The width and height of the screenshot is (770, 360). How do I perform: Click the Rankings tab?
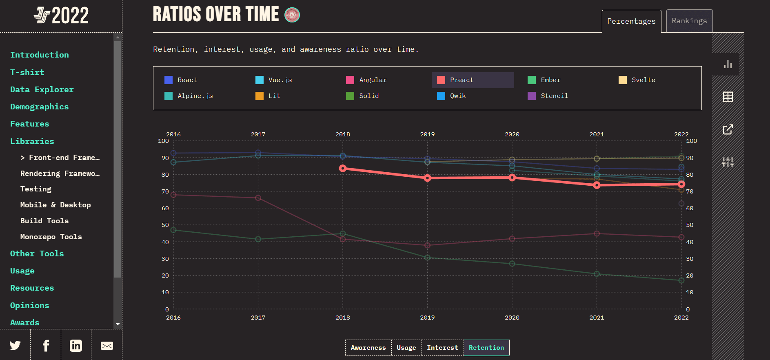(x=689, y=21)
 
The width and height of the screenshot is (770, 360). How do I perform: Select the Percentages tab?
(x=631, y=21)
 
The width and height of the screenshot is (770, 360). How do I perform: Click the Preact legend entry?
(x=461, y=80)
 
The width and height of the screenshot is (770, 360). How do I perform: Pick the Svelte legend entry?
(x=643, y=80)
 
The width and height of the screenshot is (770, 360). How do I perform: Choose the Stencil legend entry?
(x=554, y=96)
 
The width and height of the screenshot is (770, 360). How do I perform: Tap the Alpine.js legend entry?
(x=195, y=96)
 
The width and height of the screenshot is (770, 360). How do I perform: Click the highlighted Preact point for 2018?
(x=343, y=168)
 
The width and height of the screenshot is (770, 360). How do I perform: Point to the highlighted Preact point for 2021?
(x=597, y=185)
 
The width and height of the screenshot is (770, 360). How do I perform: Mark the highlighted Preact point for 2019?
(x=427, y=178)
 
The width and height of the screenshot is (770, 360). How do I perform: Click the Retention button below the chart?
(x=486, y=348)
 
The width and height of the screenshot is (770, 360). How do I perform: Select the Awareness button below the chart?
(x=368, y=348)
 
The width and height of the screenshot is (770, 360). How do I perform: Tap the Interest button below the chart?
(x=442, y=348)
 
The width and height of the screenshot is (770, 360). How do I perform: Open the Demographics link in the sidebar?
(x=39, y=107)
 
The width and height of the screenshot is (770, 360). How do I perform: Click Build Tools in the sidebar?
(x=44, y=221)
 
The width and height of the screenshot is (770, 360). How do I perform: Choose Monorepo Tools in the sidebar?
(x=51, y=237)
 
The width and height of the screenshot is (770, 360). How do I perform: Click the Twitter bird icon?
(x=15, y=346)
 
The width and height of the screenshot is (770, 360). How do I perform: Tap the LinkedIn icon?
(x=76, y=346)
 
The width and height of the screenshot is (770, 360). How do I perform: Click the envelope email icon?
(x=107, y=346)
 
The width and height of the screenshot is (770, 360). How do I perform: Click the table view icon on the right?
(x=728, y=97)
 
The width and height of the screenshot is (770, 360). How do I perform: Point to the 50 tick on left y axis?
(x=165, y=225)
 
